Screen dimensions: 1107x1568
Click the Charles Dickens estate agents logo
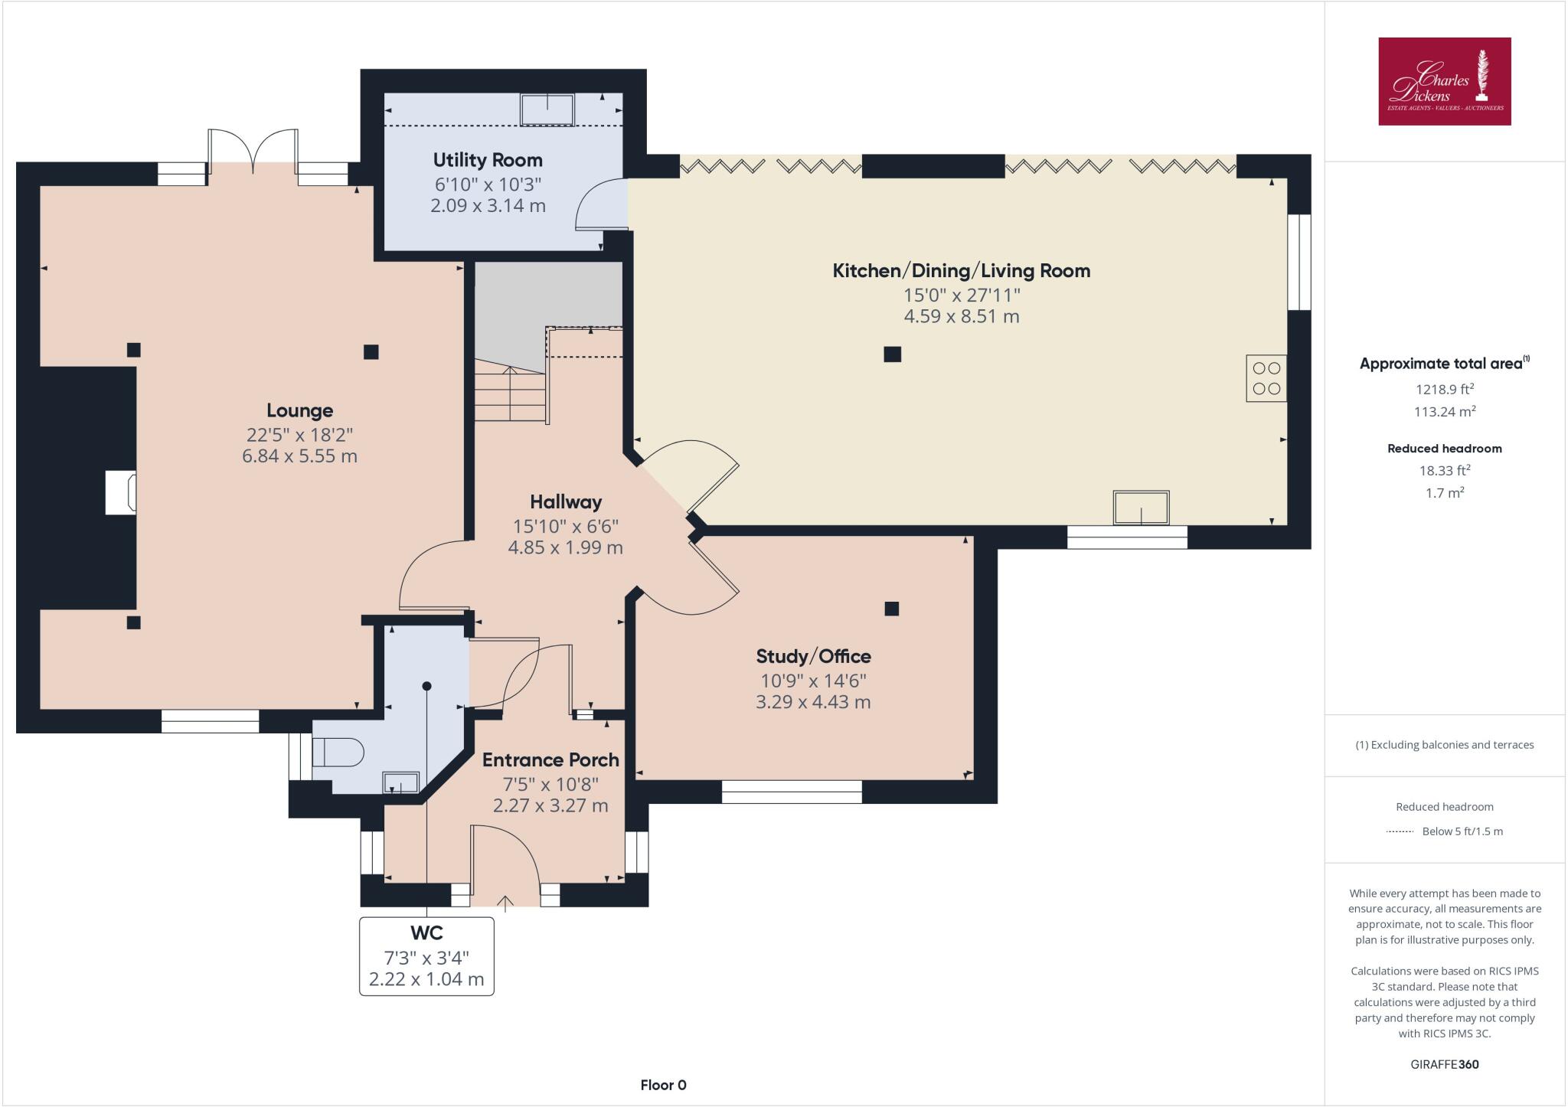coord(1444,81)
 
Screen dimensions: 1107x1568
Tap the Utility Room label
coord(488,160)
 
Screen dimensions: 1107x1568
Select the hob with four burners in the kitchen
coord(1266,378)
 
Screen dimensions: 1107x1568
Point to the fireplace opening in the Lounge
coord(121,492)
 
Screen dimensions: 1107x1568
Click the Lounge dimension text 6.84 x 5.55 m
coord(299,456)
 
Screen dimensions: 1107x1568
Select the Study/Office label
coord(813,656)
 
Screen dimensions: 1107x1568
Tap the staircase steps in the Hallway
coord(509,392)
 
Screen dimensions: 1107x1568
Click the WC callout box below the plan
coord(426,956)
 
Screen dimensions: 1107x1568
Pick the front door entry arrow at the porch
coord(505,903)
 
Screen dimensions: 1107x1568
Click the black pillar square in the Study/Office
coord(891,609)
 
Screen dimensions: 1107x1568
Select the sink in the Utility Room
coord(547,109)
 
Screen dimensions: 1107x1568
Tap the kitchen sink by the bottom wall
coord(1141,508)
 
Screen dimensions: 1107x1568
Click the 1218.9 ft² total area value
coord(1444,389)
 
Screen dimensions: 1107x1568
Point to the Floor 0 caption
coord(663,1085)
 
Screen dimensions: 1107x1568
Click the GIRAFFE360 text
coord(1444,1064)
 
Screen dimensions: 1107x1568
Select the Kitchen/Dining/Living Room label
coord(961,270)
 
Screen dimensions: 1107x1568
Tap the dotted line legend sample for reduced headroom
coord(1400,831)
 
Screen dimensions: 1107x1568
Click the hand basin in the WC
coord(401,782)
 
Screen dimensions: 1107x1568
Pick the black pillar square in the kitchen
coord(892,354)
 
